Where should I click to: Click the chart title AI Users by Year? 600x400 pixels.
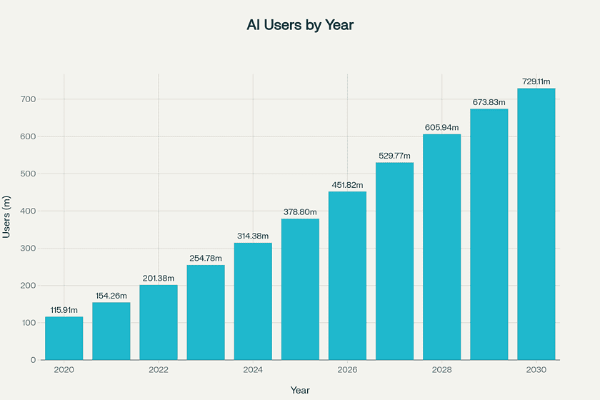pyautogui.click(x=300, y=25)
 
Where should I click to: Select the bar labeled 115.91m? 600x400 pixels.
pyautogui.click(x=64, y=338)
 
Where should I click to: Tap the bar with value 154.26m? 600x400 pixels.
pyautogui.click(x=111, y=331)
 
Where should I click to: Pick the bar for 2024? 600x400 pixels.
pyautogui.click(x=253, y=301)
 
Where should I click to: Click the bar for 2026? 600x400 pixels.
pyautogui.click(x=347, y=275)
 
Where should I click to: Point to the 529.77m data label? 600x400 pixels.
pyautogui.click(x=395, y=155)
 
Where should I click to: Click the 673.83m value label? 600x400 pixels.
pyautogui.click(x=489, y=101)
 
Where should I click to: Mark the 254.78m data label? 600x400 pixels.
pyautogui.click(x=206, y=258)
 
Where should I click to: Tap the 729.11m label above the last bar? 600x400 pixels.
pyautogui.click(x=536, y=81)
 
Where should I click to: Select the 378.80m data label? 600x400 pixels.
pyautogui.click(x=300, y=211)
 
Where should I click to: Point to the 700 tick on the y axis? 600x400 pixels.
pyautogui.click(x=28, y=99)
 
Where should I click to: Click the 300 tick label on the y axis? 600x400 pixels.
pyautogui.click(x=28, y=249)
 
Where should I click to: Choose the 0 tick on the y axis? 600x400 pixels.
pyautogui.click(x=33, y=360)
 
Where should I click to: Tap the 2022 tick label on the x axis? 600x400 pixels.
pyautogui.click(x=159, y=369)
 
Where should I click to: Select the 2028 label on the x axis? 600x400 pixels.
pyautogui.click(x=441, y=369)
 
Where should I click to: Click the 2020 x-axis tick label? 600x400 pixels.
pyautogui.click(x=64, y=369)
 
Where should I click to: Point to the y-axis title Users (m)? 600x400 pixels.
pyautogui.click(x=7, y=216)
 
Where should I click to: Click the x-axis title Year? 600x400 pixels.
pyautogui.click(x=300, y=390)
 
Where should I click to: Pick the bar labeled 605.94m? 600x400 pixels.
pyautogui.click(x=442, y=246)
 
